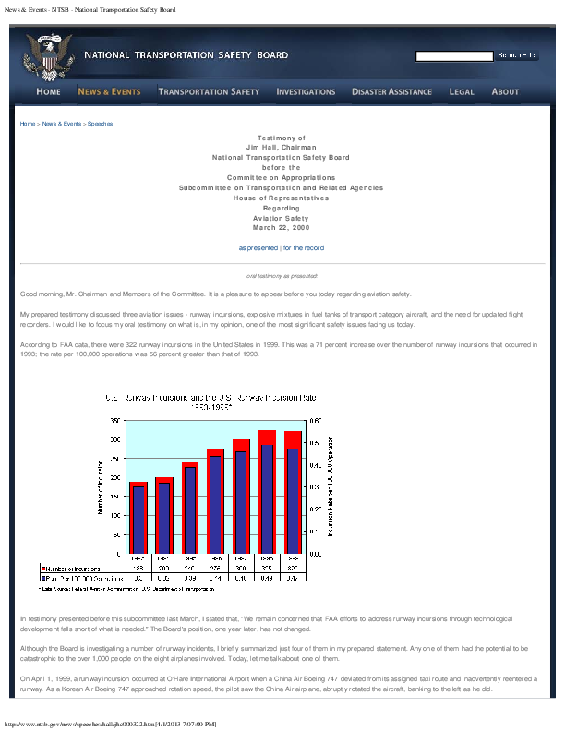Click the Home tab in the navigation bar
tap(48, 91)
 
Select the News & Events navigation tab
tap(109, 91)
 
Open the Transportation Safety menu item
tap(209, 91)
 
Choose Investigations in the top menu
tap(306, 91)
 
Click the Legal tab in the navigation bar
tap(462, 91)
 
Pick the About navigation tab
tap(505, 91)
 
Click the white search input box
tap(453, 56)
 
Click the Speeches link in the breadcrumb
tap(101, 123)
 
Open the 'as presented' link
tap(258, 247)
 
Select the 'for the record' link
tap(303, 247)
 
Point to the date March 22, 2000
tap(282, 227)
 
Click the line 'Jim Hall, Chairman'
tap(282, 147)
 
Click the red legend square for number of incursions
tap(41, 568)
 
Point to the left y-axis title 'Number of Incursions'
tap(101, 486)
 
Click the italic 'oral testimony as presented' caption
tap(282, 275)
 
